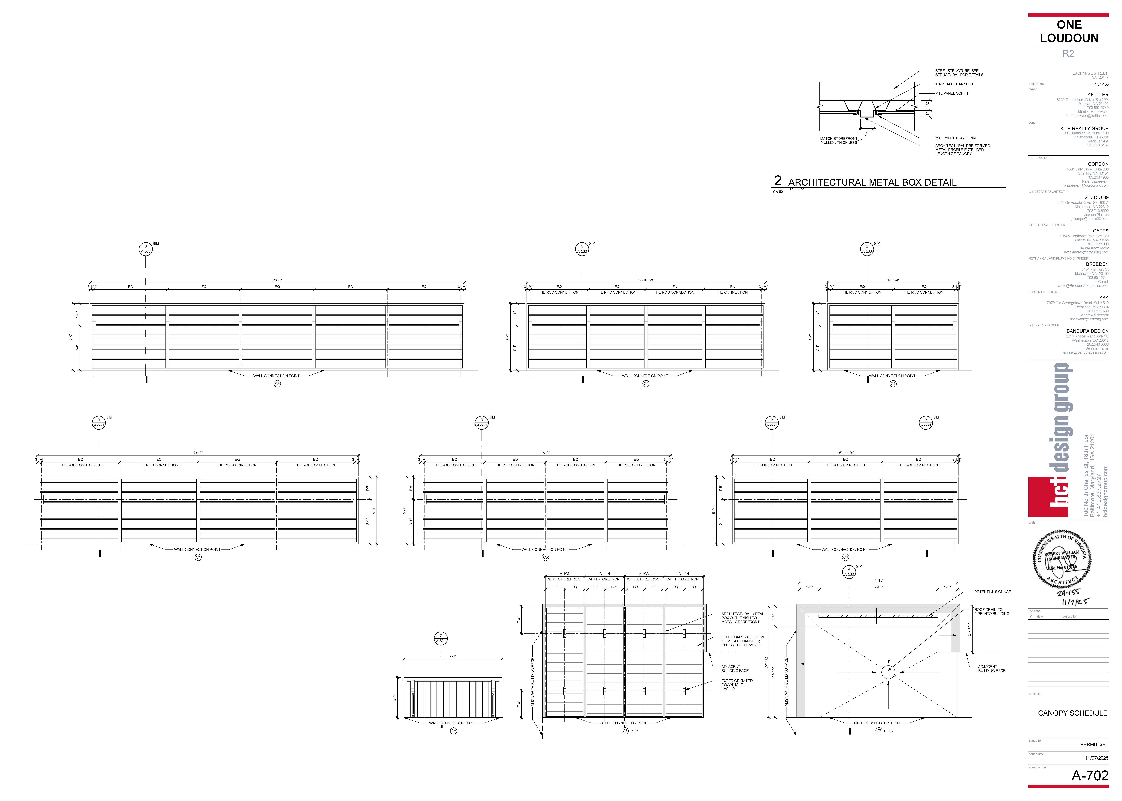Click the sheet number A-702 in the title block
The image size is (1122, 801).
[1089, 776]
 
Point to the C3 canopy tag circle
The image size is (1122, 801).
[277, 384]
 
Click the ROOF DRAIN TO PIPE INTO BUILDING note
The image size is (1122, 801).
[991, 612]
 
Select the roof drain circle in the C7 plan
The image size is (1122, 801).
[888, 672]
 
